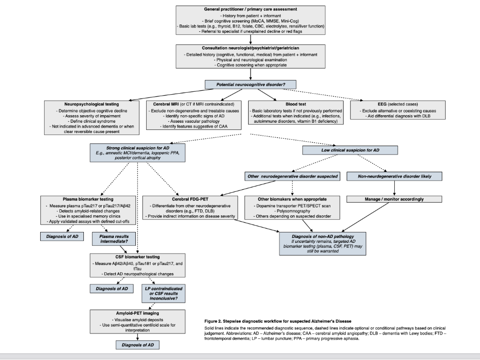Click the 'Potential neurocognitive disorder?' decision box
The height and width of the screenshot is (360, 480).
point(251,85)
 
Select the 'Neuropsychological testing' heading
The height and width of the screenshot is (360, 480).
point(91,104)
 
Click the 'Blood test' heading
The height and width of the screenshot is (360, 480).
point(296,104)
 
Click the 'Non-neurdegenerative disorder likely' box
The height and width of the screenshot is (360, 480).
point(395,176)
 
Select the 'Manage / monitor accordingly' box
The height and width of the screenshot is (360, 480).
point(395,199)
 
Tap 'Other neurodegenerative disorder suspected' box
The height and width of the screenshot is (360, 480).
point(293,176)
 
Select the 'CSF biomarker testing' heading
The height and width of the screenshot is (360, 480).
point(137,256)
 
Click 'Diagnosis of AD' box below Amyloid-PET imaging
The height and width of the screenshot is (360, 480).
point(137,345)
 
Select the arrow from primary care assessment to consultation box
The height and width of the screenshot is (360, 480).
point(251,39)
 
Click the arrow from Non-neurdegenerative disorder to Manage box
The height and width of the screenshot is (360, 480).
point(395,187)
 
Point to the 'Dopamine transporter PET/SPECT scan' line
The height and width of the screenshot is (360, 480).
point(293,206)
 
